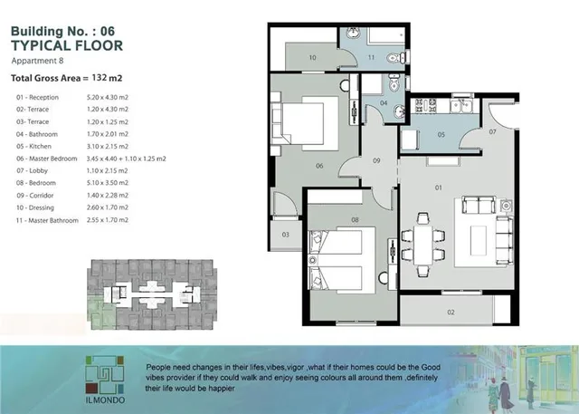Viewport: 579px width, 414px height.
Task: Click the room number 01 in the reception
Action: [x=438, y=188]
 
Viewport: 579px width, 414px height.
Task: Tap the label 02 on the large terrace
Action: [x=451, y=313]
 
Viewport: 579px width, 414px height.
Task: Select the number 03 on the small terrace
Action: [x=286, y=235]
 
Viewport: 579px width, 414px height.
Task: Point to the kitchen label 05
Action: [x=441, y=135]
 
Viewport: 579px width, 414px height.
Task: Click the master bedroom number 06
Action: [x=319, y=166]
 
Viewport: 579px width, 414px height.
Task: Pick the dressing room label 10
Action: [x=312, y=58]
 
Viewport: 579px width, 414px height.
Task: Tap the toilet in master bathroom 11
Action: [x=394, y=58]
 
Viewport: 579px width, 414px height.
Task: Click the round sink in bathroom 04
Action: [x=399, y=111]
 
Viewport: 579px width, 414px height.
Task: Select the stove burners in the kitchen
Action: [x=426, y=105]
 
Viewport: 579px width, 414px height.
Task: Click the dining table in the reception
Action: [x=423, y=245]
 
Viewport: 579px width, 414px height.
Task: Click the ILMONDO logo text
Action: [x=105, y=400]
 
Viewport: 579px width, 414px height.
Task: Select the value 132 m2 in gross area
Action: [x=107, y=78]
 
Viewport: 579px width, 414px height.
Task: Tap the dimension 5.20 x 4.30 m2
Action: [x=108, y=97]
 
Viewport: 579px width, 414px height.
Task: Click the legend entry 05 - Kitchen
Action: [x=33, y=147]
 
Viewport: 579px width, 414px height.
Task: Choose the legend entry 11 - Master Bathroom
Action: [x=47, y=220]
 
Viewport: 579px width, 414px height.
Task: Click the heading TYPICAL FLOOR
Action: [x=67, y=45]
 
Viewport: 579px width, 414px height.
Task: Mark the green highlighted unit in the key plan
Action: [x=101, y=313]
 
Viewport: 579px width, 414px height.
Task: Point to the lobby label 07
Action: [x=492, y=131]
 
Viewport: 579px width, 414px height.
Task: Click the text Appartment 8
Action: [x=37, y=61]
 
